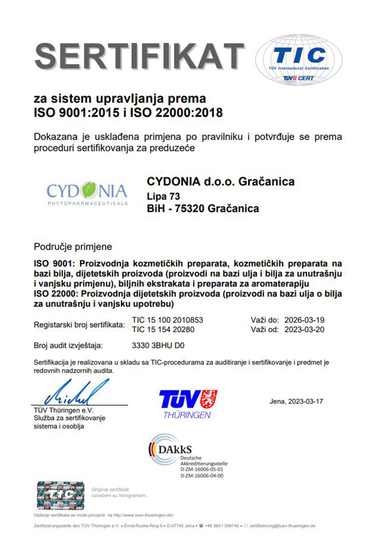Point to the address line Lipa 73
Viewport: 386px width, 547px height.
[163, 196]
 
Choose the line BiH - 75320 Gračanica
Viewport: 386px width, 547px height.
[203, 209]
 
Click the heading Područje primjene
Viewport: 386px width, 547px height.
[73, 247]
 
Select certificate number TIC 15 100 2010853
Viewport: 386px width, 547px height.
[167, 320]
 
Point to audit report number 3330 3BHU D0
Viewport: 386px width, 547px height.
[162, 345]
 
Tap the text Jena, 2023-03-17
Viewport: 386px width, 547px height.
[296, 401]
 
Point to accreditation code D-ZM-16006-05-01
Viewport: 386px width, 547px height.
[202, 469]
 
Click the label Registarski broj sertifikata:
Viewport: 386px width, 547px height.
[79, 325]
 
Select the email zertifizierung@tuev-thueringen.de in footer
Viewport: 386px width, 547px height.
[282, 526]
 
